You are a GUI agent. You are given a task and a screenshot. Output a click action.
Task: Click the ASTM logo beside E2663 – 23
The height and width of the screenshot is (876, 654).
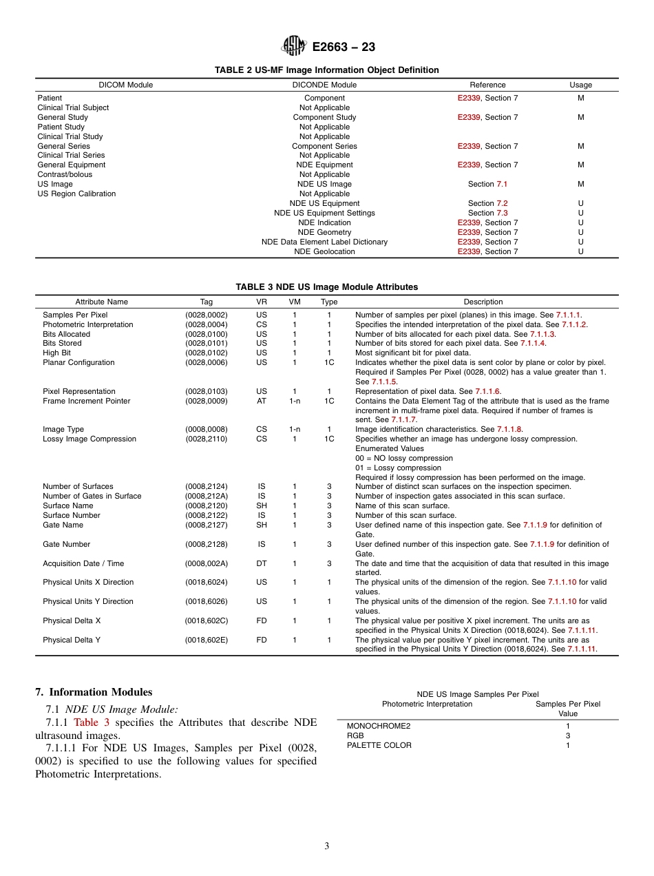293,46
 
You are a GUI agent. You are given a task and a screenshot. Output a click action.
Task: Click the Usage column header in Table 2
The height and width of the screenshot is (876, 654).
580,85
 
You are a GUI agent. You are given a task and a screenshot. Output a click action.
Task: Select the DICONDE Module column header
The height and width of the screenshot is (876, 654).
324,85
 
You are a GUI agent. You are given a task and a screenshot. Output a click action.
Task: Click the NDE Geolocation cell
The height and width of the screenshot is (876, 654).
324,251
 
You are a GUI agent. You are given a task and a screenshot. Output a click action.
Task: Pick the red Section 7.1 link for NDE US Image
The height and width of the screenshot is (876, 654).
502,184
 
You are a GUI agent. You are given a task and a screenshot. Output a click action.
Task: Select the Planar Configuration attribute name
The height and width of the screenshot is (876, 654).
78,362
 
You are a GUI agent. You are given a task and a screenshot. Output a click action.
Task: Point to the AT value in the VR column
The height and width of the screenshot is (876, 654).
262,401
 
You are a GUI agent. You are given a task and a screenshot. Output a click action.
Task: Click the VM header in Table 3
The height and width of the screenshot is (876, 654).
295,302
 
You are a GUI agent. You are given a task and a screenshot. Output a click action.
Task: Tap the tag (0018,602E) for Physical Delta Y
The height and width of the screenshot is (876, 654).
207,640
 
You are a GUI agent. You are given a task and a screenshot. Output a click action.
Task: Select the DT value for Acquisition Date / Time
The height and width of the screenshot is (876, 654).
262,563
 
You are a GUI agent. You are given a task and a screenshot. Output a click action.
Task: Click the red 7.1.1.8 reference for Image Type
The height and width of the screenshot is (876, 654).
509,429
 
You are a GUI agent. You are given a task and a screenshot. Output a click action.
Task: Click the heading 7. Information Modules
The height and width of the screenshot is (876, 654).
94,692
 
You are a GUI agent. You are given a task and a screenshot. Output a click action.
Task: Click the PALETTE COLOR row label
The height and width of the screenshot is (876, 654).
379,745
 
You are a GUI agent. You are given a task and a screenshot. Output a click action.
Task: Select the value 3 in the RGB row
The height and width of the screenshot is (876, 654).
568,736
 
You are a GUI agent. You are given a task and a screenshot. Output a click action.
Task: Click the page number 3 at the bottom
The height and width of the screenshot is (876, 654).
327,846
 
